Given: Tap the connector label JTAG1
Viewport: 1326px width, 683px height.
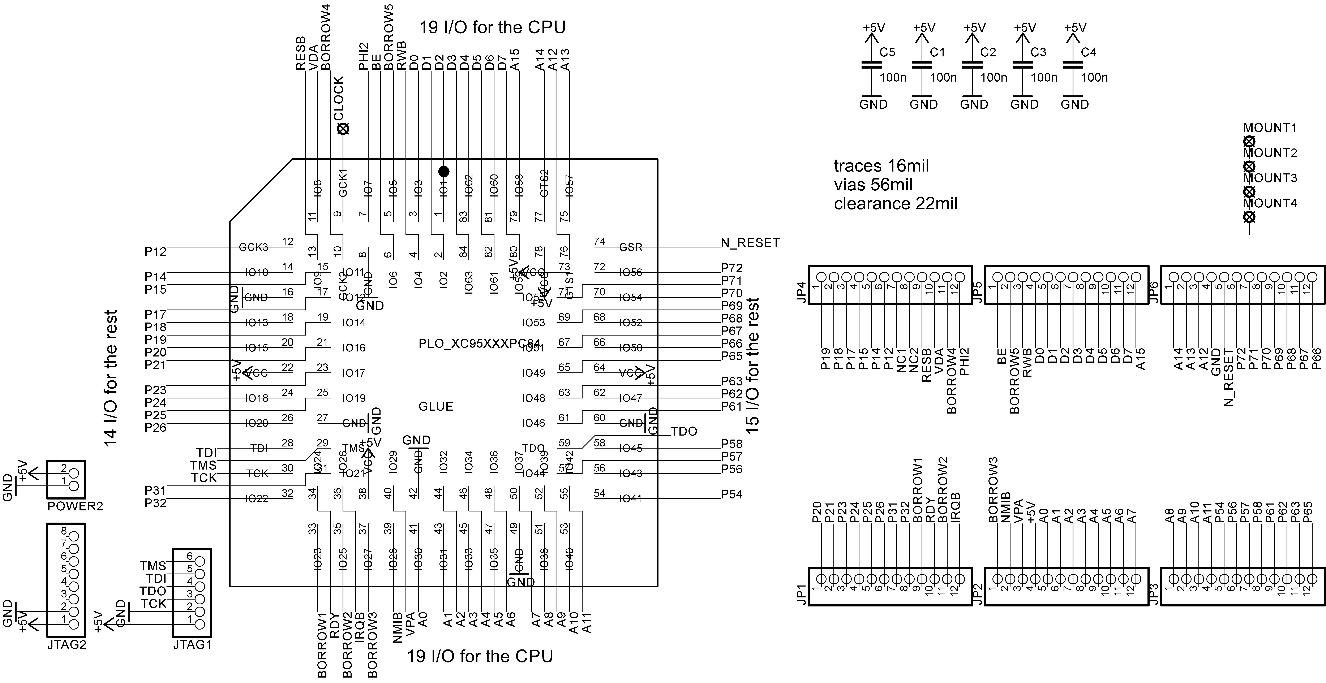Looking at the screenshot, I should click(192, 644).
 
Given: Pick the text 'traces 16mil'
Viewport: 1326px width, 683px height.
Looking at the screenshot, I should click(881, 166).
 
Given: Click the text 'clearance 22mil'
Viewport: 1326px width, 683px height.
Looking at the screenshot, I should click(896, 204).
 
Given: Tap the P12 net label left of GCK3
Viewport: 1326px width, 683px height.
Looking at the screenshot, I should click(155, 252).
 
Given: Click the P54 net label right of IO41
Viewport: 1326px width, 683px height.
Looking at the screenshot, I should click(731, 495).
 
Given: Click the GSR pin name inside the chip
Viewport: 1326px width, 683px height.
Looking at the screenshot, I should click(631, 247).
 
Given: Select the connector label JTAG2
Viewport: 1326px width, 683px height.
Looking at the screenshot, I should click(66, 644).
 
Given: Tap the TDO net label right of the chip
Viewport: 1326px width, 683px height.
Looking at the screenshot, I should click(684, 431).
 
